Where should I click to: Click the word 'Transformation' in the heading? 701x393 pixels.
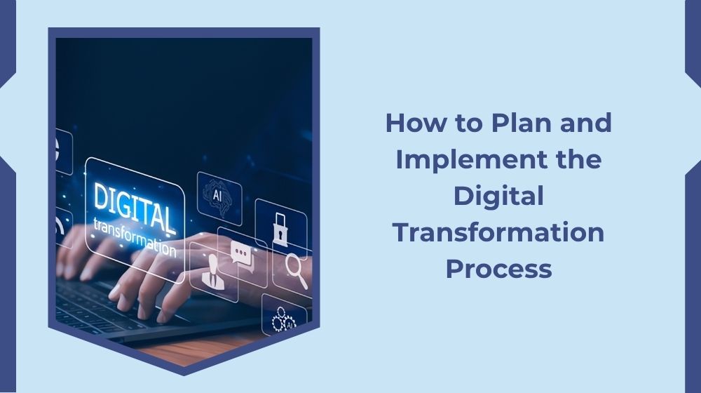[498, 232]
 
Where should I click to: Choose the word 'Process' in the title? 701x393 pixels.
[498, 269]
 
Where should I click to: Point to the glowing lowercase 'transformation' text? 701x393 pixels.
[135, 236]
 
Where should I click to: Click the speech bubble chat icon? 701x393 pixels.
[241, 251]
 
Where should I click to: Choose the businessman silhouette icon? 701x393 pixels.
[210, 272]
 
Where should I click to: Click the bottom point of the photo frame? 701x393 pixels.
[184, 371]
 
